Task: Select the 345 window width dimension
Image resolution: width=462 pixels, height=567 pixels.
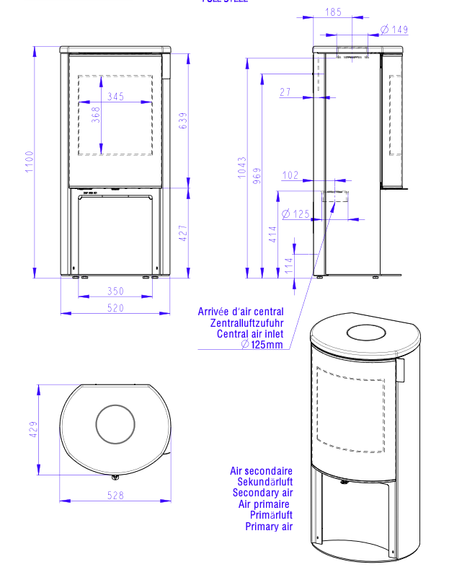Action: [115, 96]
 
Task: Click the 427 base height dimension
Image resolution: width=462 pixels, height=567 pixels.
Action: [182, 232]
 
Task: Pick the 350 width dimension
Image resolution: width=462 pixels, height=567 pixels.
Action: [115, 291]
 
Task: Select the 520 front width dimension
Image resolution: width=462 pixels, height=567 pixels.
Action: [115, 308]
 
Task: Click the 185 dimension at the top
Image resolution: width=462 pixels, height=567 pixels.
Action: [333, 12]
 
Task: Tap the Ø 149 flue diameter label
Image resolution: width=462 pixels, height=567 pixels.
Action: [394, 30]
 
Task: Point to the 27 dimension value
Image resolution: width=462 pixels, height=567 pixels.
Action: [285, 92]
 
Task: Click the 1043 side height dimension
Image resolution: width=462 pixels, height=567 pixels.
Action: [242, 167]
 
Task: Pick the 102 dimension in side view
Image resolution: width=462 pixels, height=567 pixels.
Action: [290, 175]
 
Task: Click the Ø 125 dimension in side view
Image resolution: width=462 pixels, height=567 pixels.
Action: [296, 214]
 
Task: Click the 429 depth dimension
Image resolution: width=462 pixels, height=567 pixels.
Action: [33, 431]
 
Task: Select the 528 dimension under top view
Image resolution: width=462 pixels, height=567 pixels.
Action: [115, 496]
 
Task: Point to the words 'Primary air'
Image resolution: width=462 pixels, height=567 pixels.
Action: [269, 527]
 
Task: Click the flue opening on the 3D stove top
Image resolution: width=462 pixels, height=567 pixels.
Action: [366, 333]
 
